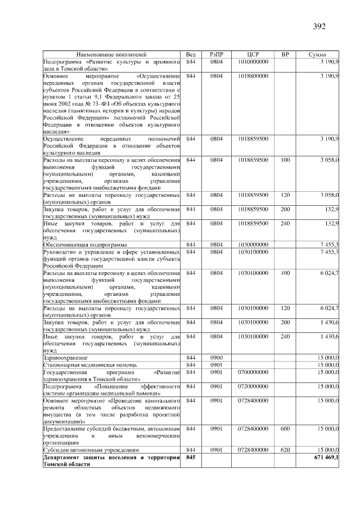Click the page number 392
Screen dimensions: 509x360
(318, 26)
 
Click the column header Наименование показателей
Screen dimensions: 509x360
(110, 55)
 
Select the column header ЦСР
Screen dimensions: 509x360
(253, 55)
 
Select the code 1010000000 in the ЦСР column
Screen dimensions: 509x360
(253, 61)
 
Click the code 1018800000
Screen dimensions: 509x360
(253, 75)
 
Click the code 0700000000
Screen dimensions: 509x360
(253, 372)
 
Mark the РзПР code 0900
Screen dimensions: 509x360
(217, 358)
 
